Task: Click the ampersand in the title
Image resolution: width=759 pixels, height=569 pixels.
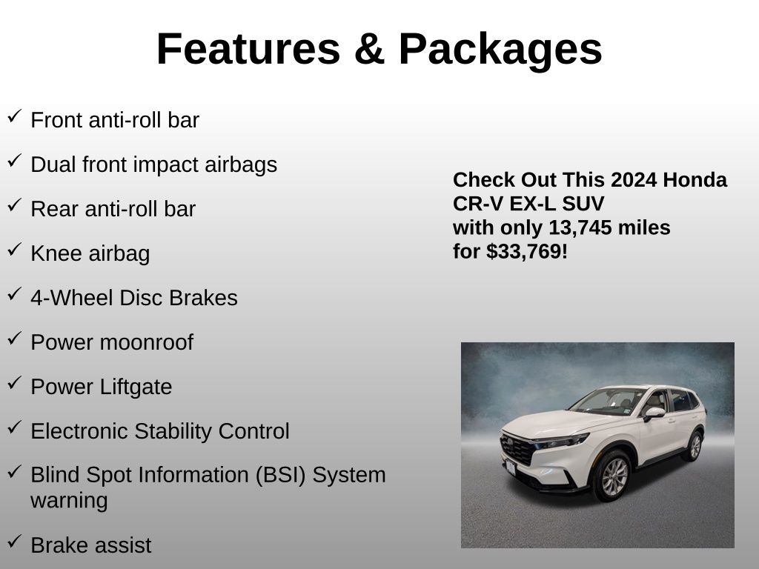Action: (369, 49)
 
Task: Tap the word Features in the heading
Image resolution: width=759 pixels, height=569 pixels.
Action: (249, 49)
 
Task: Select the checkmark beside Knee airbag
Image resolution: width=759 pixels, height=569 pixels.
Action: (15, 249)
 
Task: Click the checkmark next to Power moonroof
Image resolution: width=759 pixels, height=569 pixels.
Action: (15, 338)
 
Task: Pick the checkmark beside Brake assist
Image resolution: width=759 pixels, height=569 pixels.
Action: (15, 541)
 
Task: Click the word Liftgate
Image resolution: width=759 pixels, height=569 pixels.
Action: (136, 387)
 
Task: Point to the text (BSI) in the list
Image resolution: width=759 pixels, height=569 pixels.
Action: (281, 476)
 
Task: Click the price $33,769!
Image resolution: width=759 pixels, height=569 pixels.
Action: (527, 252)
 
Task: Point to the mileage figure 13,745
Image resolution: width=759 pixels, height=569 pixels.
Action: (580, 228)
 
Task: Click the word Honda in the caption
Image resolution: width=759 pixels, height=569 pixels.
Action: (695, 180)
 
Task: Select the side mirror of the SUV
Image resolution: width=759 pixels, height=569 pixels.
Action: (654, 413)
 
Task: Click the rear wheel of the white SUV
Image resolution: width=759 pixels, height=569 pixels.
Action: (695, 446)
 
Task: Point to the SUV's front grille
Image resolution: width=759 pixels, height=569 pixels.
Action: (517, 450)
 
